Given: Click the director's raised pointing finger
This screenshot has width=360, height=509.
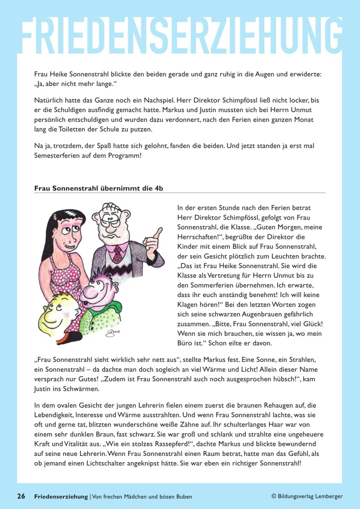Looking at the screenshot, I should coord(158,232).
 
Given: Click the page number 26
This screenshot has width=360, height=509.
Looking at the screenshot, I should coord(21,496).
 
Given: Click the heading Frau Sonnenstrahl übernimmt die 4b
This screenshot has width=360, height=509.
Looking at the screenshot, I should coord(98,188).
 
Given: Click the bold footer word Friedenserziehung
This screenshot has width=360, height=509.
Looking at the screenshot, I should coord(61,496).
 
